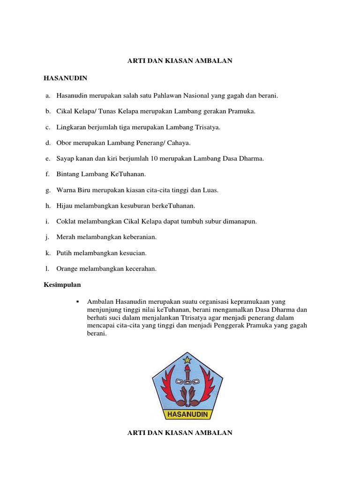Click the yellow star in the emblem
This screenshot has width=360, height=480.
tap(187, 360)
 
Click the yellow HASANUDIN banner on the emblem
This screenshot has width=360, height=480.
tap(187, 414)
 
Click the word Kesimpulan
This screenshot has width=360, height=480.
tap(62, 285)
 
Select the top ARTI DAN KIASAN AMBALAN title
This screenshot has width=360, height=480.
tap(180, 61)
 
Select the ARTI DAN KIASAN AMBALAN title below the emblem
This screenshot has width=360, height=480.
tap(180, 433)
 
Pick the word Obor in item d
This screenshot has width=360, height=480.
tap(63, 143)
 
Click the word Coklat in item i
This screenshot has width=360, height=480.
tap(66, 221)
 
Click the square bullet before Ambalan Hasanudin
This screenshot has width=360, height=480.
tap(76, 300)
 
